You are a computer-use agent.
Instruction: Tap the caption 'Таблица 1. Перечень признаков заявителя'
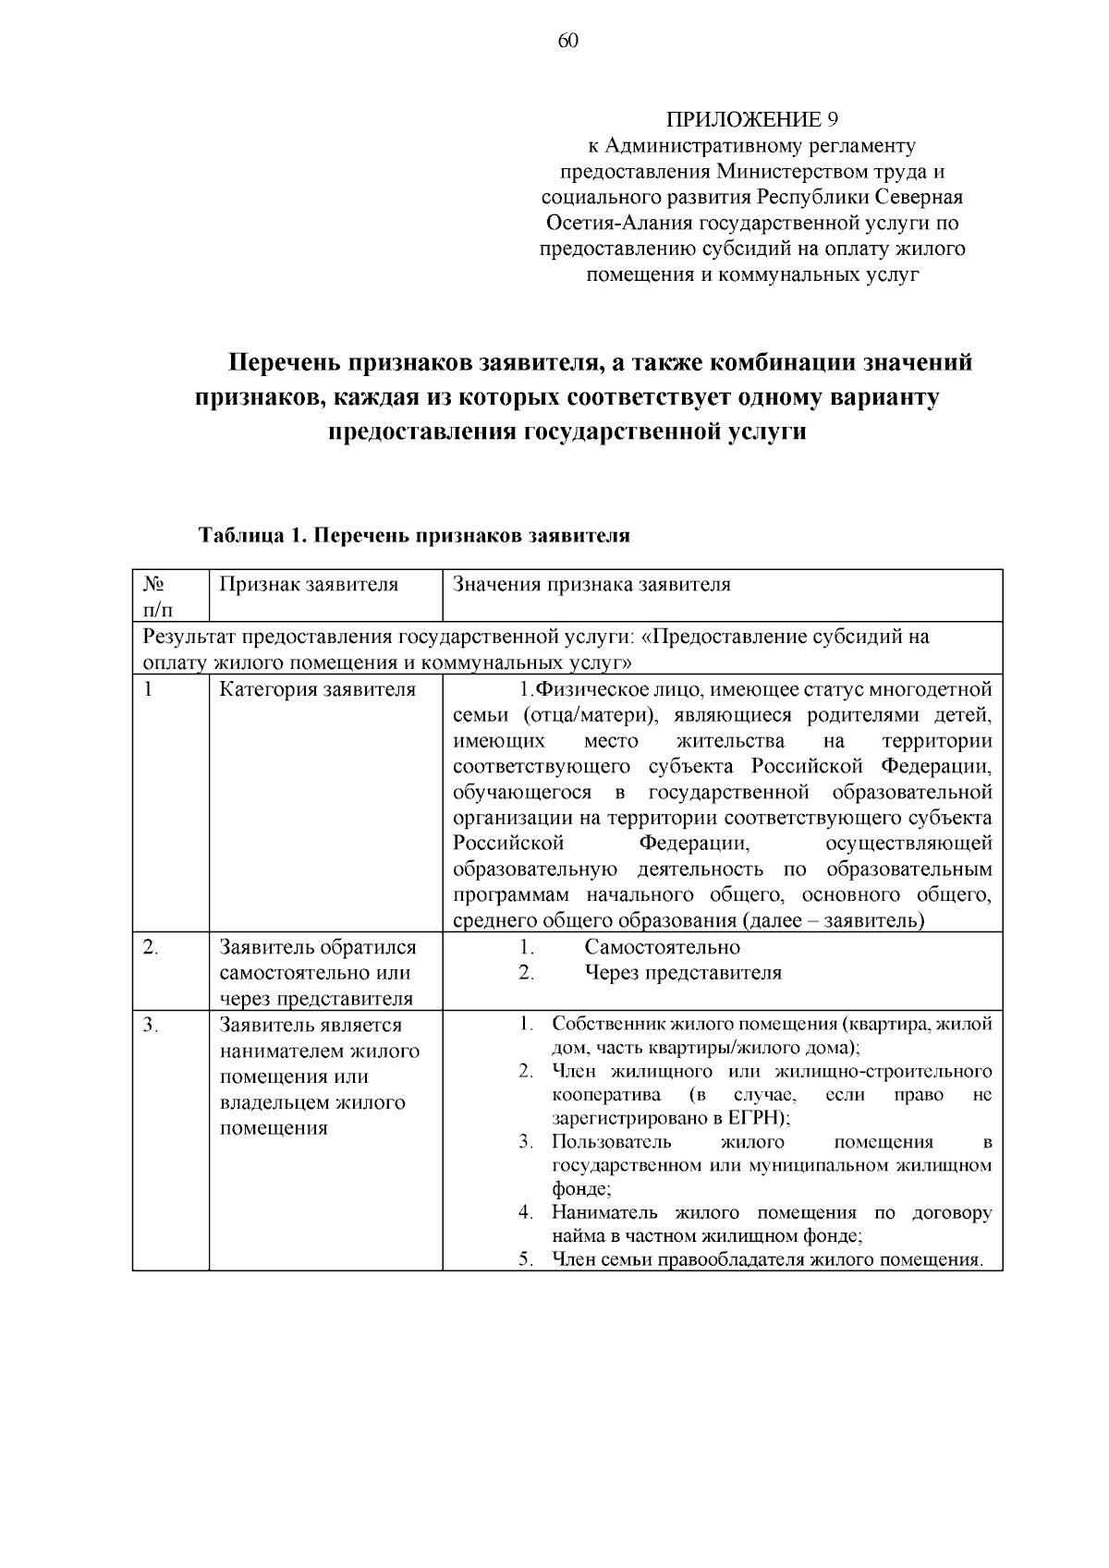tap(413, 536)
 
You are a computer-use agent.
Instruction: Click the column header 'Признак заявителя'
tap(309, 585)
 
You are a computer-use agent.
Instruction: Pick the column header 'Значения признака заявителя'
tap(591, 585)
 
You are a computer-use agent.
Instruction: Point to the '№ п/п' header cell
tap(157, 596)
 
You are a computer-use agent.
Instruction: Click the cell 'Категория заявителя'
tap(318, 690)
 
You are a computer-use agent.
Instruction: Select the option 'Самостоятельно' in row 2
tap(662, 947)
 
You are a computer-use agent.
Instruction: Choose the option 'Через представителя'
tap(683, 973)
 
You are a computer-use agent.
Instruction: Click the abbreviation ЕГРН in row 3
tap(757, 1118)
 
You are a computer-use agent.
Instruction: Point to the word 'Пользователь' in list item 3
tap(611, 1142)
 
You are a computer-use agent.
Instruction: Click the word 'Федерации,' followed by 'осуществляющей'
tap(694, 844)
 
